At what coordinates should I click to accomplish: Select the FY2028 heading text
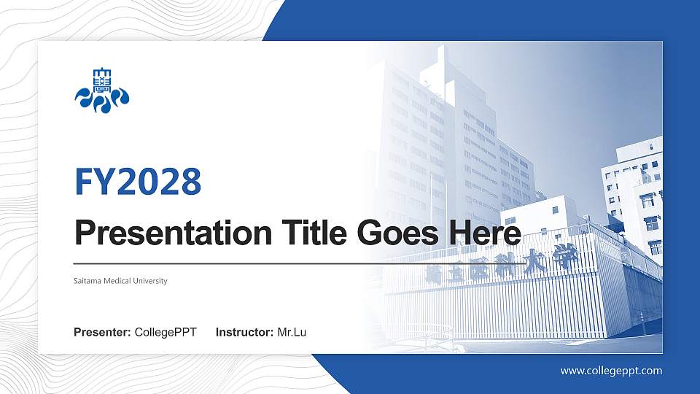tap(138, 182)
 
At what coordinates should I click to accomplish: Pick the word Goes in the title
tap(394, 233)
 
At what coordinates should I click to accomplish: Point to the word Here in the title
tap(484, 233)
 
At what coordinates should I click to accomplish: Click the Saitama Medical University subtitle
tap(120, 281)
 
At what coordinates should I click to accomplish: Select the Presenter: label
tap(103, 333)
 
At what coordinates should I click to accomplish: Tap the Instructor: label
tap(245, 333)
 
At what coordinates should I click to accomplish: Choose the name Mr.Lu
tap(292, 333)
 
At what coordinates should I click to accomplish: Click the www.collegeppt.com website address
tap(611, 371)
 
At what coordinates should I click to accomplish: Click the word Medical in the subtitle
tap(118, 281)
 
